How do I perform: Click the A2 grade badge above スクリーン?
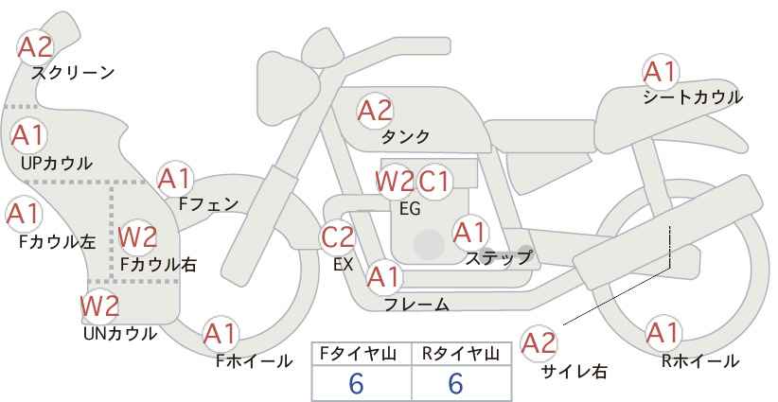click(x=36, y=46)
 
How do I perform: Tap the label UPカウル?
click(x=56, y=163)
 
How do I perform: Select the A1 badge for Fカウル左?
click(x=23, y=214)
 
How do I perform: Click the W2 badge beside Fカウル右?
click(x=137, y=236)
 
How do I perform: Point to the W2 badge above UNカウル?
click(x=98, y=306)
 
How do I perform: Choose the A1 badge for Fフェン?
click(x=175, y=178)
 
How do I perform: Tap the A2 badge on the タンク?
click(x=375, y=111)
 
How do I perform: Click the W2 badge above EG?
click(x=395, y=181)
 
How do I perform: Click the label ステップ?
click(x=498, y=256)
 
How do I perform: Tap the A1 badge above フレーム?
click(x=383, y=277)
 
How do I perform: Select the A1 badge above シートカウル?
click(x=660, y=71)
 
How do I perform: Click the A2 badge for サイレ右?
click(x=539, y=342)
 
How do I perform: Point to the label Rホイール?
click(x=700, y=360)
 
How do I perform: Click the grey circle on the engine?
click(x=429, y=245)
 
